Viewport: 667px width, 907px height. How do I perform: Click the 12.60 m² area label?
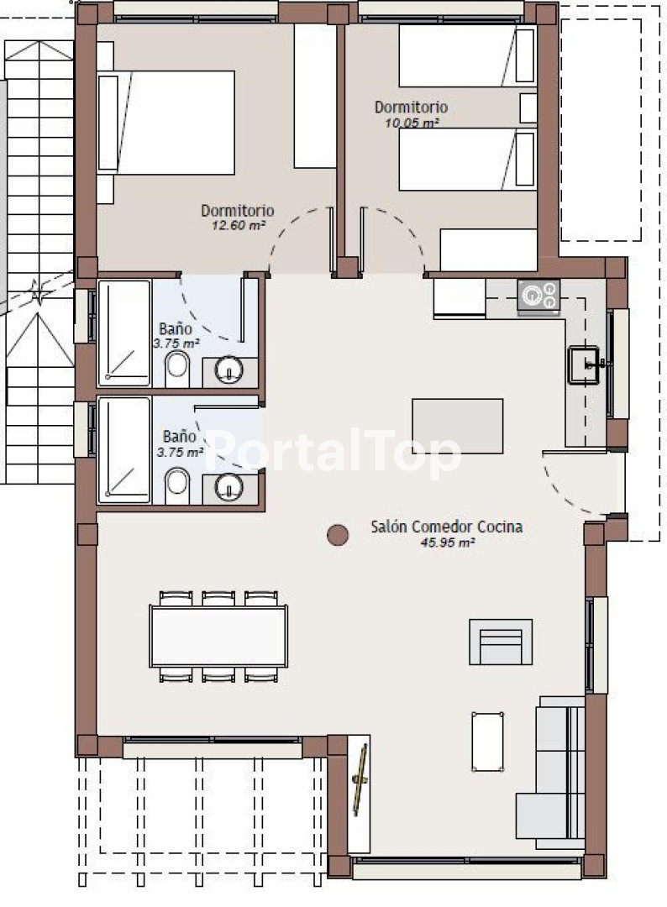(x=239, y=225)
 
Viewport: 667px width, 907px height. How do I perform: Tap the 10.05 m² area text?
(x=412, y=123)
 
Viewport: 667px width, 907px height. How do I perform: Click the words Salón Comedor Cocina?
(x=447, y=527)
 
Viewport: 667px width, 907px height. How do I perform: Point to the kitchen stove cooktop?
(x=538, y=296)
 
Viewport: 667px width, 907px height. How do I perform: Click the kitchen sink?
(x=584, y=365)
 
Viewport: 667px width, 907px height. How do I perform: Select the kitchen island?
(x=457, y=427)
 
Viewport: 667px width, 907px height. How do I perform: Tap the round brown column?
(x=338, y=535)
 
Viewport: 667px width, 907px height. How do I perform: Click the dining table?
(x=218, y=636)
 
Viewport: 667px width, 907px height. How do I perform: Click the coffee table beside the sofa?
(x=487, y=742)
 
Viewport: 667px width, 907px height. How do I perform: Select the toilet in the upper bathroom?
(x=177, y=370)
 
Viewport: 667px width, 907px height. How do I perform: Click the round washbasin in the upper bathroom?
(x=229, y=370)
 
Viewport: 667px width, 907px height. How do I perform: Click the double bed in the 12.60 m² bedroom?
(x=166, y=123)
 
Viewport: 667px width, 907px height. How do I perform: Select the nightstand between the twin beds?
(x=528, y=107)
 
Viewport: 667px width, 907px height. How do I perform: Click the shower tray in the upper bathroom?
(x=124, y=333)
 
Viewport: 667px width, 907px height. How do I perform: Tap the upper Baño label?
(x=176, y=329)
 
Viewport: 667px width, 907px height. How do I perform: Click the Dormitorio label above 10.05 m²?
(x=411, y=107)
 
